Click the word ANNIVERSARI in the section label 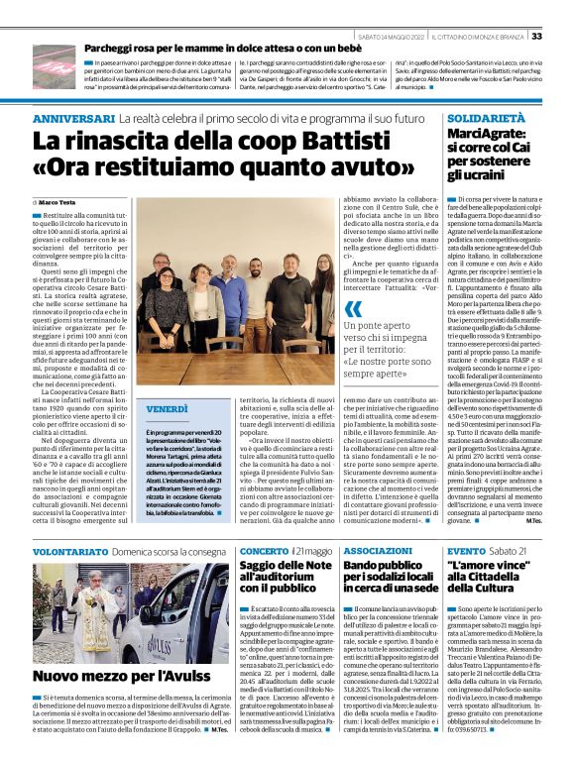click(x=73, y=118)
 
